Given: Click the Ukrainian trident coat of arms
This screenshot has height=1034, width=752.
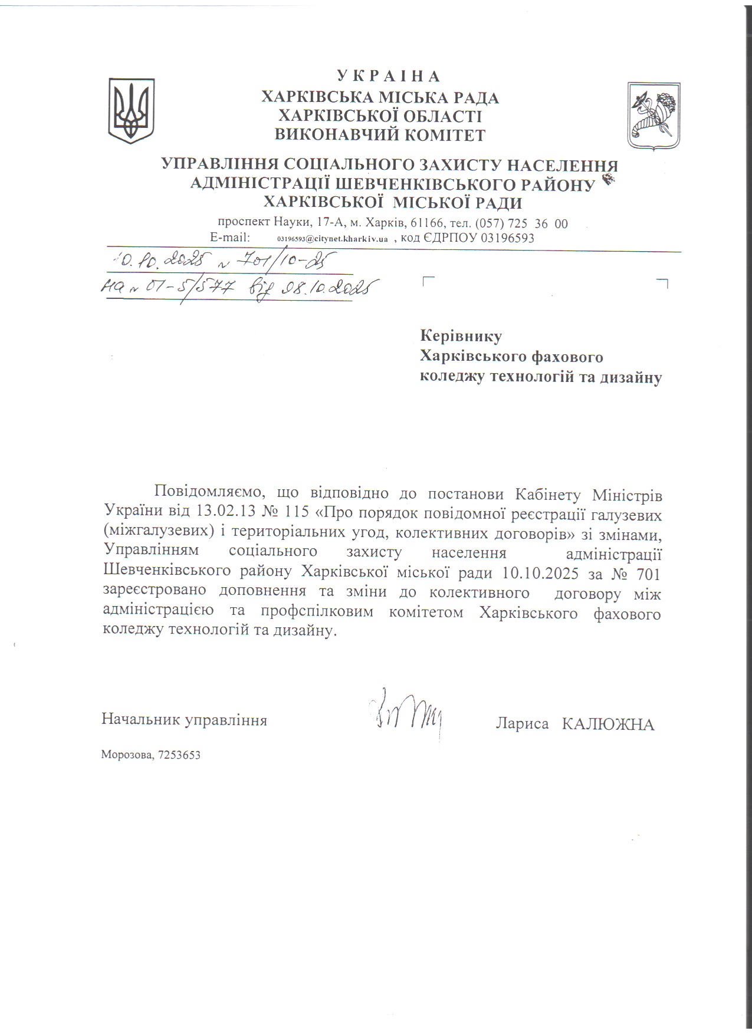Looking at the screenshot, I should [x=131, y=111].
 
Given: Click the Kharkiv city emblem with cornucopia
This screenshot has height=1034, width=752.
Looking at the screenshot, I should [x=654, y=116].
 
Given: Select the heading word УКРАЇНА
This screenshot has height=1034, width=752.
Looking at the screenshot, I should [x=389, y=77].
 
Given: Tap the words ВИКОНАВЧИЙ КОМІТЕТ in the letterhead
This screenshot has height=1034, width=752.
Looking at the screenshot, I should [x=380, y=135].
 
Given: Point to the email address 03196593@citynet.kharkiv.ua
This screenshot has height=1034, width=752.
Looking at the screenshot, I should [x=332, y=239].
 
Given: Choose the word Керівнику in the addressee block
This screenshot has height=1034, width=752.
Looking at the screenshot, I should [x=461, y=336].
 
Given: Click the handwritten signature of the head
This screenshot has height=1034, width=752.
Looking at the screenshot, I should [x=406, y=713].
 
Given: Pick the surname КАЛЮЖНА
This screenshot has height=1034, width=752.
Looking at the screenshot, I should [x=607, y=724].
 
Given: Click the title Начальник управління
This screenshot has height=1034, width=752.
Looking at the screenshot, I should [x=184, y=720].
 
